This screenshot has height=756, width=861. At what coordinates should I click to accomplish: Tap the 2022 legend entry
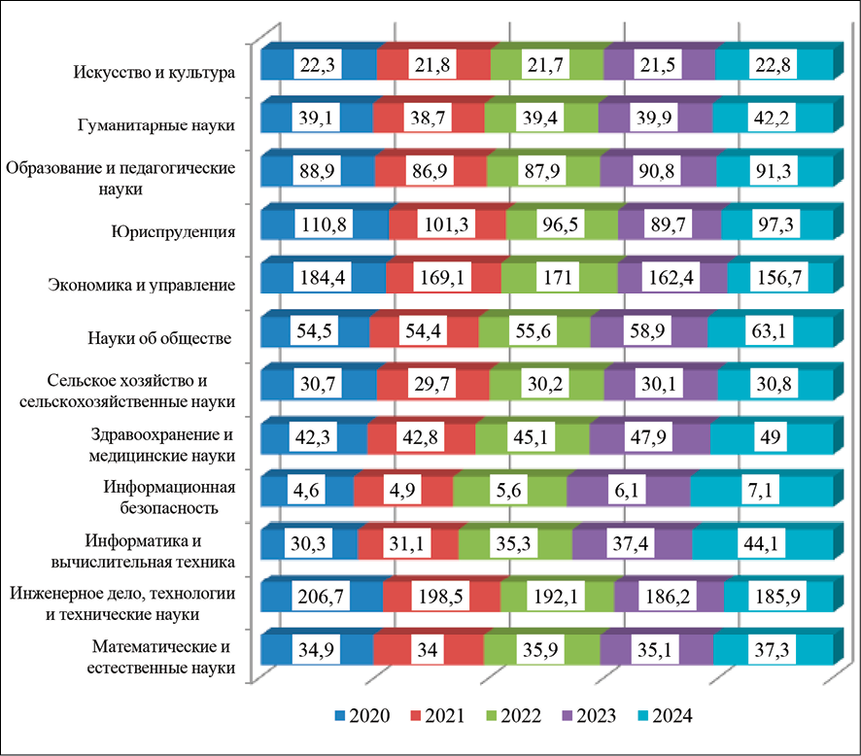click(511, 718)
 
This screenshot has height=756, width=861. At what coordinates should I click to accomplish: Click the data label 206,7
click(322, 593)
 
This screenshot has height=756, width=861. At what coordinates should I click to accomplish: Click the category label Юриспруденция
click(184, 231)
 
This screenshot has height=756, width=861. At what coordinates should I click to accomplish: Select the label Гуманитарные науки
click(157, 125)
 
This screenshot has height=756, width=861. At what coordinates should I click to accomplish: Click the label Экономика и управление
click(143, 285)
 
